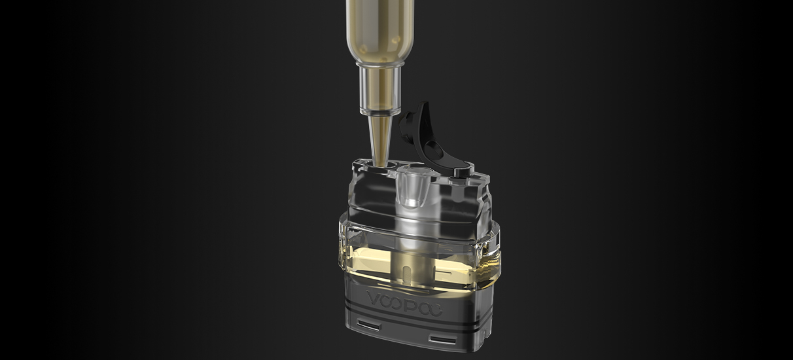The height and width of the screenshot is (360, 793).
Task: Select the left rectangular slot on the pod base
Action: [369, 325]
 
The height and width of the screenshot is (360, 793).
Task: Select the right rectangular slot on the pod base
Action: [442, 340]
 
